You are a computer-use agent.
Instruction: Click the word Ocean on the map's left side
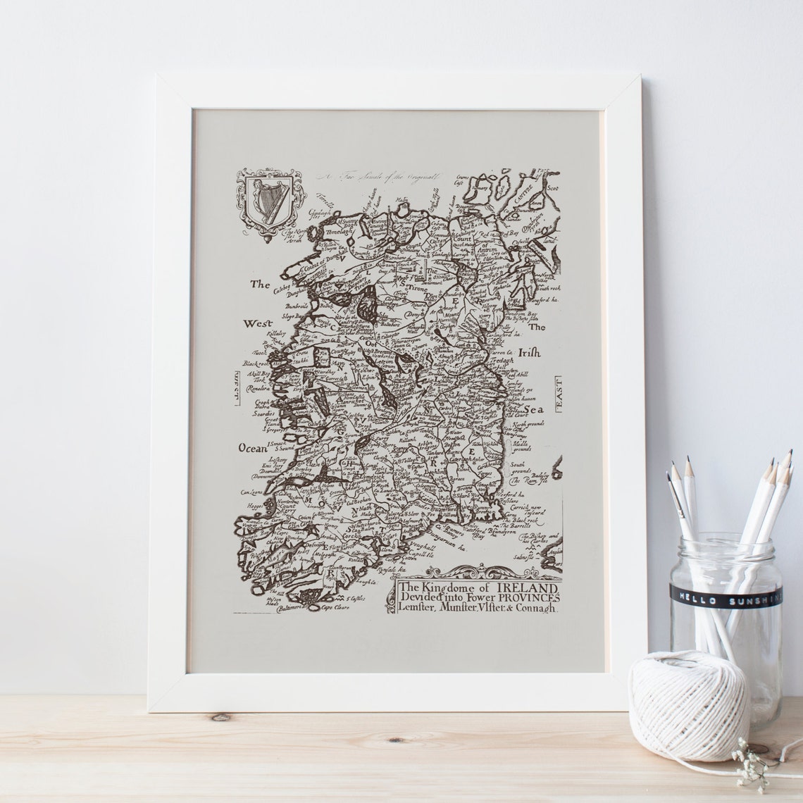[251, 448]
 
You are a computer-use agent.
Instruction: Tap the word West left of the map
[257, 324]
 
